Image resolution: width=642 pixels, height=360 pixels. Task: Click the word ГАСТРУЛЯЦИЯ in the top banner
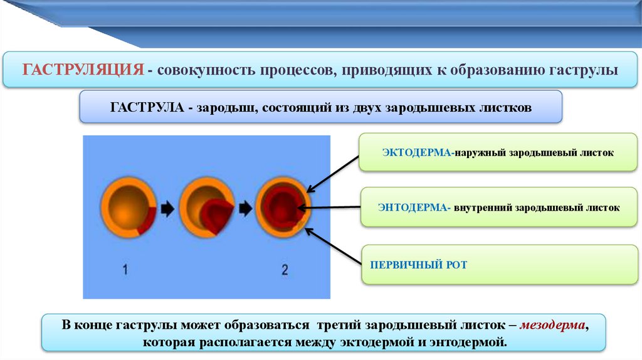pos(84,69)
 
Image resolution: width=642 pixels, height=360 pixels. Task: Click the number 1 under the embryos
pos(125,270)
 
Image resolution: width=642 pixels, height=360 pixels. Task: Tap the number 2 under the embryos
pos(284,270)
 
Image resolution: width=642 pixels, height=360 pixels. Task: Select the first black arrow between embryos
pos(167,208)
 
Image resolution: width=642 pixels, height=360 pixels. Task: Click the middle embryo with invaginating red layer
pos(208,208)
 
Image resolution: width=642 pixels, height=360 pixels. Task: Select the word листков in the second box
pos(508,107)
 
